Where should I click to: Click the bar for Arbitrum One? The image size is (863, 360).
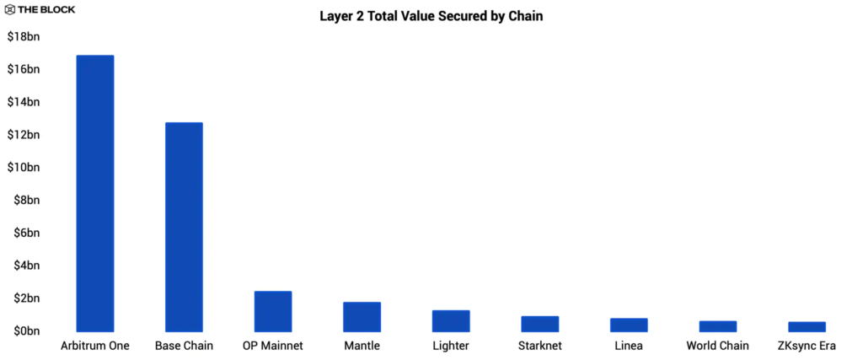click(94, 193)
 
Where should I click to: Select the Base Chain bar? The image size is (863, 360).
click(184, 227)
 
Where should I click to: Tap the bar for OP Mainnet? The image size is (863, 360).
click(272, 311)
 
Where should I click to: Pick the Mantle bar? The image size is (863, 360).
click(362, 316)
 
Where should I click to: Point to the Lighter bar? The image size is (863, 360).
click(451, 320)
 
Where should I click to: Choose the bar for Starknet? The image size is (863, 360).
click(539, 324)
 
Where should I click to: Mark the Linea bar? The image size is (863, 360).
click(629, 325)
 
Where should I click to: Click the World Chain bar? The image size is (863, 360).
click(717, 326)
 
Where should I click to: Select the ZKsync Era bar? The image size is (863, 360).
click(807, 326)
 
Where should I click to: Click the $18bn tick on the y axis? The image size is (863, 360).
click(24, 36)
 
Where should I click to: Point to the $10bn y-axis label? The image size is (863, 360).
click(24, 167)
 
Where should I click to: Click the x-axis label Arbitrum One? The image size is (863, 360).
click(94, 346)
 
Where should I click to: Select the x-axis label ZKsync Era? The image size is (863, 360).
click(807, 346)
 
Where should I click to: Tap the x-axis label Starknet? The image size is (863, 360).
click(539, 346)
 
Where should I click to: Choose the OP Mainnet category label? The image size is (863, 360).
click(272, 346)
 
